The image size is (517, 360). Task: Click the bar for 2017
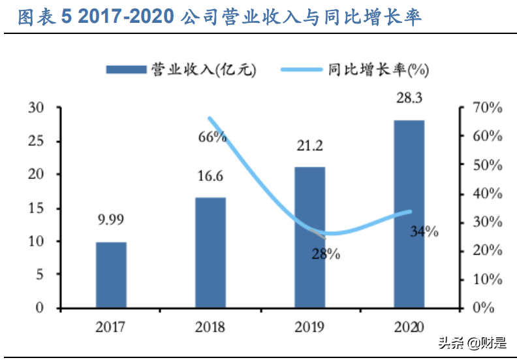coord(111,274)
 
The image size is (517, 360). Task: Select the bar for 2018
coord(210,252)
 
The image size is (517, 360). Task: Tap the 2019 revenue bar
coord(309,237)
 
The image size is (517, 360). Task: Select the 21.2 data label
coord(309,146)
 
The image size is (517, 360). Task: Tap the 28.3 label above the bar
coord(409,98)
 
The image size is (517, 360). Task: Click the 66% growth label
coord(213,137)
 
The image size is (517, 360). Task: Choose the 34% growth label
coord(424,231)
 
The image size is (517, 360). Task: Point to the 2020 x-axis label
coord(409,326)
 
